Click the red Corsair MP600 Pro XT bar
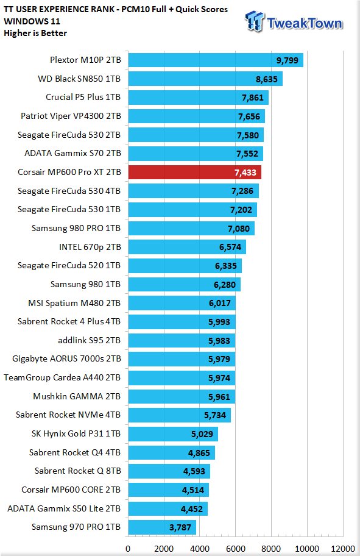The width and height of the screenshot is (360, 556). (x=194, y=173)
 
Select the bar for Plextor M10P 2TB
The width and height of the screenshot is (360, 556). (x=216, y=60)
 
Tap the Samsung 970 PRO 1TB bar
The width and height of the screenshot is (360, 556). (x=162, y=527)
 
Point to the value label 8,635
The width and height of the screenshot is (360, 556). (x=266, y=79)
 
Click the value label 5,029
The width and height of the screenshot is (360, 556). (x=202, y=434)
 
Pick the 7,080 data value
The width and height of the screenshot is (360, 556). (x=238, y=229)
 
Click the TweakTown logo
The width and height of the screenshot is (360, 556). (x=294, y=21)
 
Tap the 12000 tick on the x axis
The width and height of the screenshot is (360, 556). (x=342, y=549)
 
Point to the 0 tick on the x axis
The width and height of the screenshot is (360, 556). (x=128, y=549)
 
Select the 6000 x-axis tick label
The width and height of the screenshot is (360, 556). (x=236, y=549)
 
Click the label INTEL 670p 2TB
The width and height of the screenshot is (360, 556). (x=90, y=247)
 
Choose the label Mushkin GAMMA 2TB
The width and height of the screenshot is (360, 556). (x=77, y=396)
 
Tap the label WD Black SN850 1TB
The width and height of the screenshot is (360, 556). (x=79, y=79)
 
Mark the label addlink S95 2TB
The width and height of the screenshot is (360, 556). (x=90, y=340)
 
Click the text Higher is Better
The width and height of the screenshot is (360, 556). (x=35, y=34)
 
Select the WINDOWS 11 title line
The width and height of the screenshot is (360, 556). (x=32, y=21)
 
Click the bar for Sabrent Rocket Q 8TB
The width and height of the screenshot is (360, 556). (x=169, y=471)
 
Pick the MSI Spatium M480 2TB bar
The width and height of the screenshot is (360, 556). (x=182, y=303)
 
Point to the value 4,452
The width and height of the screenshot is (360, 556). (x=192, y=509)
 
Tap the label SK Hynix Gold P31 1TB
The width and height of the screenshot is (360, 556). (x=76, y=433)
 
